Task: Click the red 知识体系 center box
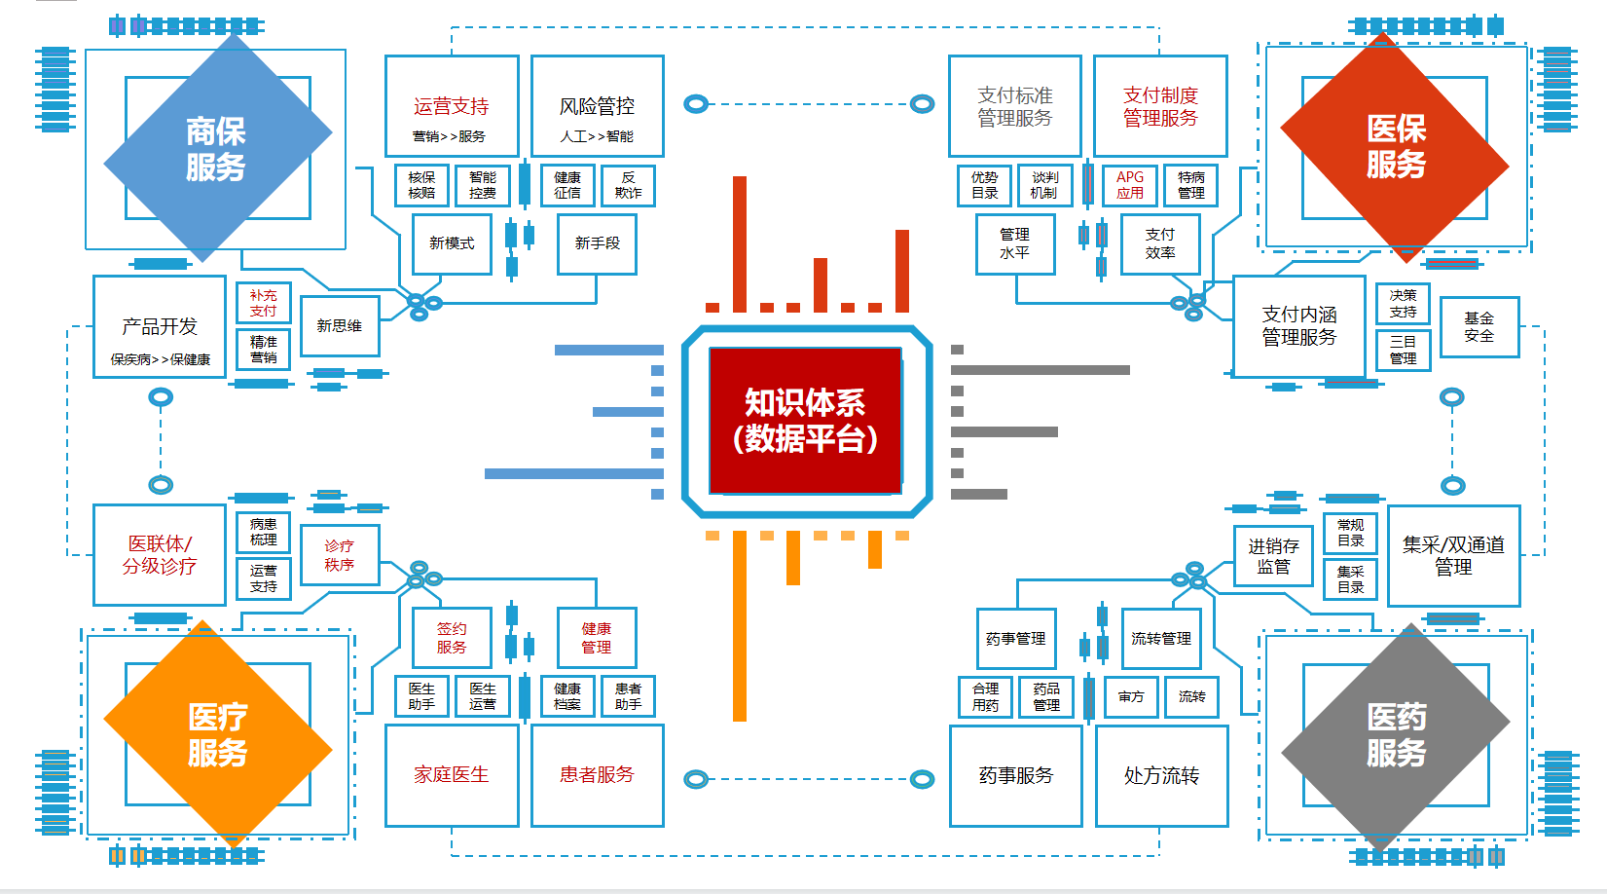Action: pyautogui.click(x=805, y=421)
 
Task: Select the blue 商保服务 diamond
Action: pyautogui.click(x=217, y=148)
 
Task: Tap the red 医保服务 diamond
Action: pyautogui.click(x=1395, y=146)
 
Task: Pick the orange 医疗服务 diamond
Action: pyautogui.click(x=217, y=735)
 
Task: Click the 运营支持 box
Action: pyautogui.click(x=452, y=106)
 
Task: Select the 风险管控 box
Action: pyautogui.click(x=597, y=106)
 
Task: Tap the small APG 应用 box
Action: pyautogui.click(x=1130, y=185)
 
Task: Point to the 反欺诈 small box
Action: pyautogui.click(x=628, y=185)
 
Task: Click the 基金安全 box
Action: pyautogui.click(x=1479, y=327)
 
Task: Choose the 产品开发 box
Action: pyautogui.click(x=160, y=327)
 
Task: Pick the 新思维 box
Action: pyautogui.click(x=339, y=326)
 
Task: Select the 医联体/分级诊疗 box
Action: pyautogui.click(x=160, y=555)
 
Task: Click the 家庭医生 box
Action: pyautogui.click(x=452, y=775)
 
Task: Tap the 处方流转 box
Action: pyautogui.click(x=1161, y=776)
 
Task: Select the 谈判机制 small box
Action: pyautogui.click(x=1044, y=185)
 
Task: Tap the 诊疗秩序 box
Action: pyautogui.click(x=339, y=555)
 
